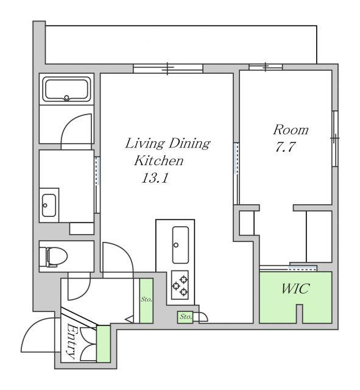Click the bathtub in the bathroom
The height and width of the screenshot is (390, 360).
pyautogui.click(x=66, y=90)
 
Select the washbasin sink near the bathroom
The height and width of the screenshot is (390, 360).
pyautogui.click(x=49, y=205)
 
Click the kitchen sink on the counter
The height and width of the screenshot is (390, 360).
pyautogui.click(x=180, y=245)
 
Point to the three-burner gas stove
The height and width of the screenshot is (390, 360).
pyautogui.click(x=180, y=285)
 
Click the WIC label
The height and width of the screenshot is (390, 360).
pyautogui.click(x=295, y=289)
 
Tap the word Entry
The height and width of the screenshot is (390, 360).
pyautogui.click(x=71, y=341)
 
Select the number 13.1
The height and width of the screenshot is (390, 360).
pyautogui.click(x=155, y=178)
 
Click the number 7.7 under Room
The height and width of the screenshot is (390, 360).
pyautogui.click(x=285, y=147)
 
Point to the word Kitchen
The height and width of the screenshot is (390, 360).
pyautogui.click(x=159, y=161)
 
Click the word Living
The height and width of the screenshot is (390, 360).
pyautogui.click(x=145, y=144)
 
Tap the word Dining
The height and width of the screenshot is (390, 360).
pyautogui.click(x=189, y=144)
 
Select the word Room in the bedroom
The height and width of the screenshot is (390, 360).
pyautogui.click(x=291, y=130)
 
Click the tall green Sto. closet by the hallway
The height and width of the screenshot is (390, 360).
pyautogui.click(x=146, y=300)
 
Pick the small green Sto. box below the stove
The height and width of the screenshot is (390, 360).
pyautogui.click(x=185, y=317)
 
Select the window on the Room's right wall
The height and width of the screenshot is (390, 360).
pyautogui.click(x=335, y=138)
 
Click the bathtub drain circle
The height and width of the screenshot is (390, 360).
pyautogui.click(x=66, y=97)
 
